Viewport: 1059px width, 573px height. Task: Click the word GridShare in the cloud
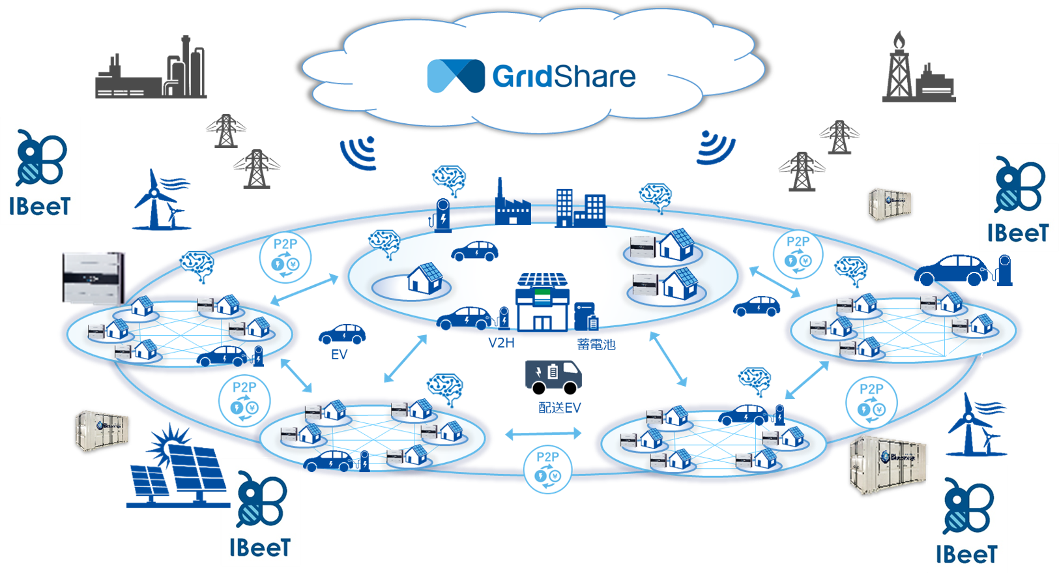(x=564, y=77)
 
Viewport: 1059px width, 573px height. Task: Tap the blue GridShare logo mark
(x=456, y=76)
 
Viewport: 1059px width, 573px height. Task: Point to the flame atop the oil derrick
(x=899, y=41)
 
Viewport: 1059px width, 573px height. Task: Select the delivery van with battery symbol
(x=553, y=377)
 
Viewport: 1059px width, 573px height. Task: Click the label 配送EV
(x=559, y=408)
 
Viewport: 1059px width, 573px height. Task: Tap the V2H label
(x=501, y=343)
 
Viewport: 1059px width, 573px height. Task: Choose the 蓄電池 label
(x=596, y=344)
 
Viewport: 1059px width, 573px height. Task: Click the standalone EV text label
(x=339, y=355)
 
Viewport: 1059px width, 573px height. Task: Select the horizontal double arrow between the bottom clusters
(x=543, y=433)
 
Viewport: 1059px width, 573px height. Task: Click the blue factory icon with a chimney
(x=512, y=205)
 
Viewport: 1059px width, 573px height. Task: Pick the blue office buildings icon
(x=580, y=208)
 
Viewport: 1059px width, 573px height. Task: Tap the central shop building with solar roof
(x=542, y=303)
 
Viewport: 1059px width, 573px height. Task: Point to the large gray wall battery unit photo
(x=93, y=278)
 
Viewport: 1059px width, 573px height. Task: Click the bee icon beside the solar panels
(x=261, y=500)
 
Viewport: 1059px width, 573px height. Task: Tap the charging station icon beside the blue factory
(x=442, y=215)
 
